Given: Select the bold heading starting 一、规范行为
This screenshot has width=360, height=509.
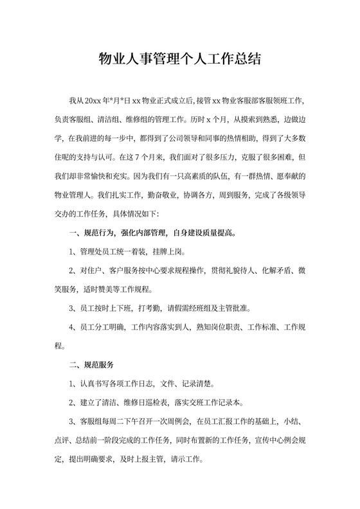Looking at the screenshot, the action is coord(148,231).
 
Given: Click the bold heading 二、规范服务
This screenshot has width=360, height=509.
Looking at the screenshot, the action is coord(91,365).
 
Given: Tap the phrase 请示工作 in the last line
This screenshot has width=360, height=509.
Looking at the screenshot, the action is coord(186,460).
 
